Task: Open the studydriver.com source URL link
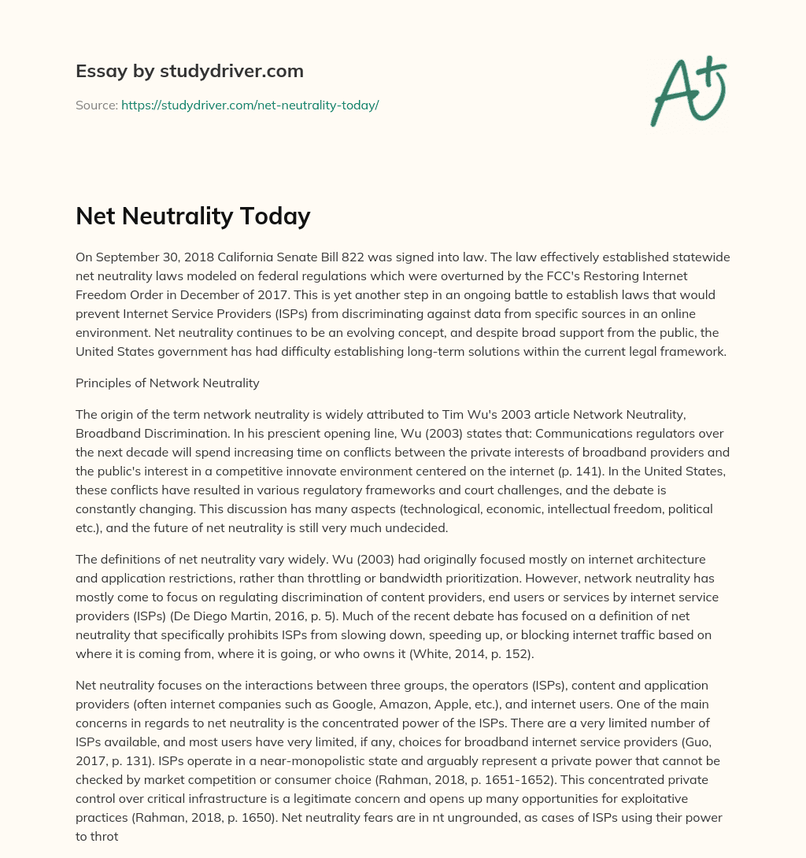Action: coord(250,105)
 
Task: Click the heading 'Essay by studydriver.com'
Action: coord(190,71)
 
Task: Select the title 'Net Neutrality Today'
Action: coord(193,216)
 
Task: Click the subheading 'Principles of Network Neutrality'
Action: coord(168,383)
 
